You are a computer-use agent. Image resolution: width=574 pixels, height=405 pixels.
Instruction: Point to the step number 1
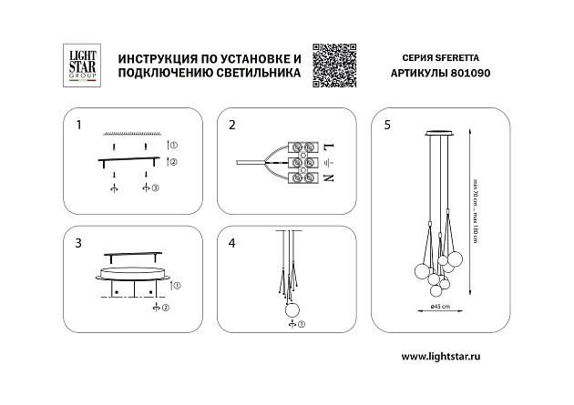click(79, 124)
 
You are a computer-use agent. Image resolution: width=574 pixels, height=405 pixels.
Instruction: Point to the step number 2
click(232, 124)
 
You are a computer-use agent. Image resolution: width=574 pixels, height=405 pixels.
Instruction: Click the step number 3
click(79, 244)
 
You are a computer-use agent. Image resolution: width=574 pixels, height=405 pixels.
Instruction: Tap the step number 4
click(232, 244)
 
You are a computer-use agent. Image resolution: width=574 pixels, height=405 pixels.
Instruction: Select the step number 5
click(388, 124)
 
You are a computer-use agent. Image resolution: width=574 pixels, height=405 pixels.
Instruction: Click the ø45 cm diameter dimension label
click(441, 307)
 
